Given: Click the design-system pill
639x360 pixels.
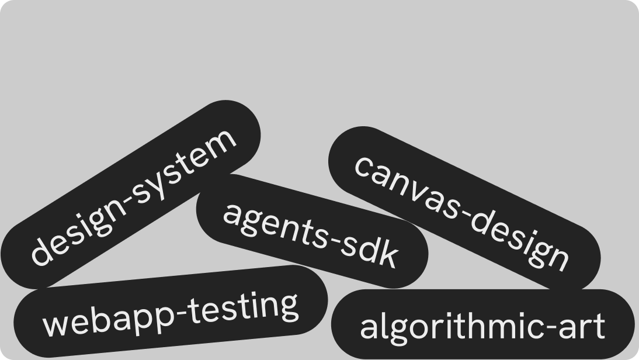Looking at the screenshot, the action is click(x=130, y=195).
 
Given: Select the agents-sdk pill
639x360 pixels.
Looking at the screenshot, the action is click(x=312, y=231).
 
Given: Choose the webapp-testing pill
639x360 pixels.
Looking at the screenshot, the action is click(x=171, y=311).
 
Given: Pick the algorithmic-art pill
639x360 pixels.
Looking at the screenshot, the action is click(x=483, y=324).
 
